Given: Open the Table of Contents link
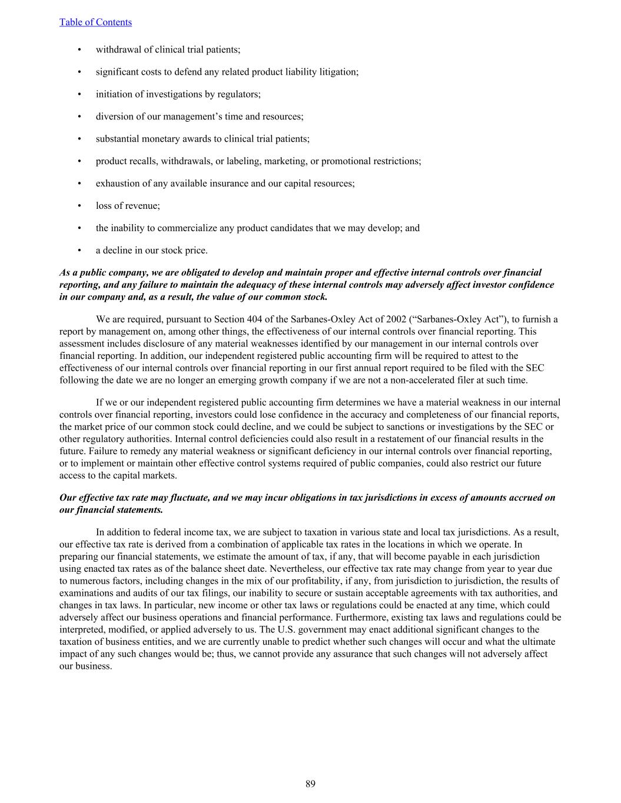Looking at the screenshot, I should [95, 22].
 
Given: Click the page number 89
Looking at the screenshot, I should [310, 784].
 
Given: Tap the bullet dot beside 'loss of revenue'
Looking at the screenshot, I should [79, 206].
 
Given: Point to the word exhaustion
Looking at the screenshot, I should [117, 184].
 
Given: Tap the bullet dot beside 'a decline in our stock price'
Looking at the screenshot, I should [79, 251].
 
